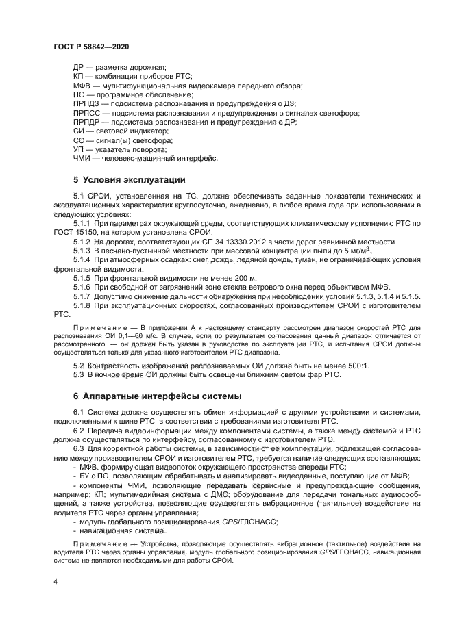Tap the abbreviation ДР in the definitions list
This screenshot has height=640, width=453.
79,66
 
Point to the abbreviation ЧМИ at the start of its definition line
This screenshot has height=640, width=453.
82,159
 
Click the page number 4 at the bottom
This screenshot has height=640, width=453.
56,581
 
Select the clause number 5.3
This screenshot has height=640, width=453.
78,375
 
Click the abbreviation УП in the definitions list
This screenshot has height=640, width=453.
78,149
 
